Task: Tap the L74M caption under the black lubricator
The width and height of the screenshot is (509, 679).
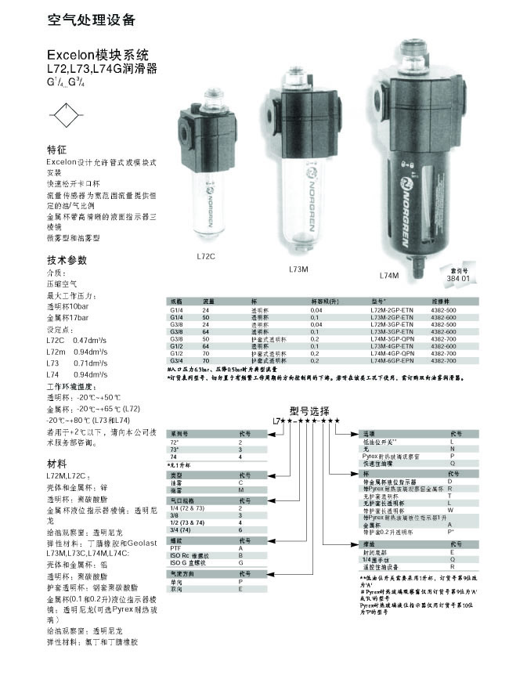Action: click(388, 276)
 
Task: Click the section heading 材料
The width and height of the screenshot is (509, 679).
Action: click(57, 463)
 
